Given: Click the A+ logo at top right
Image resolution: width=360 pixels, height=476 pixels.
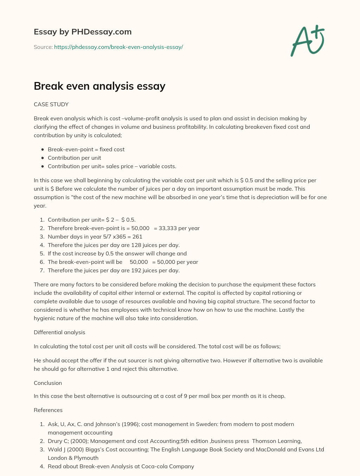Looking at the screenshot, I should [308, 40].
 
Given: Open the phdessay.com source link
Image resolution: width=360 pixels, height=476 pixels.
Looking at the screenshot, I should [118, 47].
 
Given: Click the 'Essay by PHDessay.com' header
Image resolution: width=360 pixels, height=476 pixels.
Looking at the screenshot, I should [83, 32].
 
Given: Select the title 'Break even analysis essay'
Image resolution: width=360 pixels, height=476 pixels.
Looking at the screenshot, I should [99, 86].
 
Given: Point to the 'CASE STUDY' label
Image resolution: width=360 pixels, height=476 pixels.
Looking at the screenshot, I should [51, 104].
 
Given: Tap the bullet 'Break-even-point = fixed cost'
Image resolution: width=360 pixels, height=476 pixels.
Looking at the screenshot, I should [86, 150].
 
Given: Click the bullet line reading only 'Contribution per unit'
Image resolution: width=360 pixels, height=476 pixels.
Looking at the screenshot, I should [75, 158].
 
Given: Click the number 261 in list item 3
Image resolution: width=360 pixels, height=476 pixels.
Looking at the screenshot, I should [137, 237].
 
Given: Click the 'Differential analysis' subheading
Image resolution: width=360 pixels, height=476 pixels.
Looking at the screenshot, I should [59, 332].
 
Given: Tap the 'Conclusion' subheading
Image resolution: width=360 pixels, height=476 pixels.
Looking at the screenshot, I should [48, 383].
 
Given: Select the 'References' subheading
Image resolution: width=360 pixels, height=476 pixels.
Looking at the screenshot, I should [48, 410].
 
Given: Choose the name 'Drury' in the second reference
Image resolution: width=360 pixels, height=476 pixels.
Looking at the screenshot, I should [55, 441].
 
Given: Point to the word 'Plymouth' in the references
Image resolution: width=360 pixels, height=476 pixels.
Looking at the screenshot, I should [86, 458].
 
